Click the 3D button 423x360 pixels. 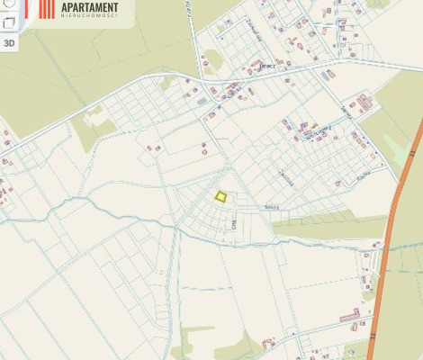tap(10, 42)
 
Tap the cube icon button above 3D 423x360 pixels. tap(10, 22)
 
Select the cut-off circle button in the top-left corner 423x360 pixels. tap(7, 4)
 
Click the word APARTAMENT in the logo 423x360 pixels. tap(89, 8)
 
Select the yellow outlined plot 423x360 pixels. tap(220, 195)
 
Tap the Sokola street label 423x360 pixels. tap(271, 206)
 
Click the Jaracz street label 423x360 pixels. tap(266, 66)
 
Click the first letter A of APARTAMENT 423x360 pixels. tap(65, 8)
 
